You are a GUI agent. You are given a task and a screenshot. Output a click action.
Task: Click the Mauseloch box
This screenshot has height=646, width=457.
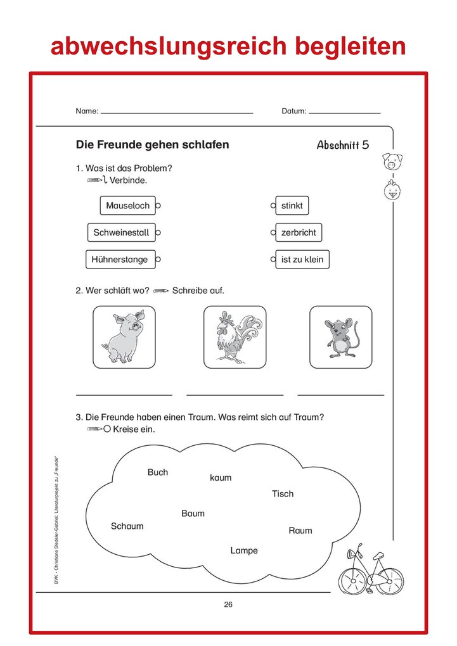(127, 206)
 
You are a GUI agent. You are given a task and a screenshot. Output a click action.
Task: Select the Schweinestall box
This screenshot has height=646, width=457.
(121, 232)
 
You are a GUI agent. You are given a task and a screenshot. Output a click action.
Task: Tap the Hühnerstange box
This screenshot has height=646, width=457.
(119, 259)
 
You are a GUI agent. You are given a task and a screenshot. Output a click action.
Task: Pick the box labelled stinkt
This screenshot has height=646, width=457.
(292, 206)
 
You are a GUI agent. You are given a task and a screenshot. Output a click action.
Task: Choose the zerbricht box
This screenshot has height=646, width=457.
(299, 232)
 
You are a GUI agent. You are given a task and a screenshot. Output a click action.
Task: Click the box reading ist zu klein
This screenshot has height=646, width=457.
(302, 259)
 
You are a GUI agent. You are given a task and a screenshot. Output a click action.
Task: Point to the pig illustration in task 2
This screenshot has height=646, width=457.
(124, 337)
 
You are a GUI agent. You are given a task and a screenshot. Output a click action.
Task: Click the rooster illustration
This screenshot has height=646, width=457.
(235, 337)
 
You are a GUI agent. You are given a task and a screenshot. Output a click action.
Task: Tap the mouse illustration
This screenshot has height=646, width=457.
(340, 337)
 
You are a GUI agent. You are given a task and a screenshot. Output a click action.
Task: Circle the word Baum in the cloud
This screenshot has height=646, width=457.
(193, 513)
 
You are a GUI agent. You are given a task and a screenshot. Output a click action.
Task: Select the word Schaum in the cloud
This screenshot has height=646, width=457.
(127, 526)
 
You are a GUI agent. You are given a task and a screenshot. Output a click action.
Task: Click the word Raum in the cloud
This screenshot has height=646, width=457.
(300, 530)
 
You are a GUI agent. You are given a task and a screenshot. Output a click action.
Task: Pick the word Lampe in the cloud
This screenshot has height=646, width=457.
(244, 550)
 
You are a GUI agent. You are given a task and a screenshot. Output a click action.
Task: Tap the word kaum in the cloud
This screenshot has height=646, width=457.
(221, 478)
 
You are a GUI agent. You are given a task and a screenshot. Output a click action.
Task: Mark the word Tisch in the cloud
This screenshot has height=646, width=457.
(283, 493)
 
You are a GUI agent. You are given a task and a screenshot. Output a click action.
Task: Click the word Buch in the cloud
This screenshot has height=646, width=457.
(158, 472)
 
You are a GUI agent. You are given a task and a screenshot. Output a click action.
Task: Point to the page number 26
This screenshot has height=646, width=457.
(228, 604)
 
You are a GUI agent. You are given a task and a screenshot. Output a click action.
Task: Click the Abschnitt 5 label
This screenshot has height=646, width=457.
(342, 145)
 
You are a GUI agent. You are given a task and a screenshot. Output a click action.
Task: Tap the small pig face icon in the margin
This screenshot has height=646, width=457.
(393, 161)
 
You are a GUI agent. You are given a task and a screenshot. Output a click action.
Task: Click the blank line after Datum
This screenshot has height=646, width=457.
(344, 112)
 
